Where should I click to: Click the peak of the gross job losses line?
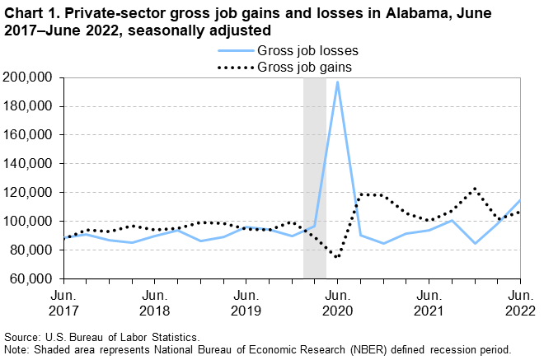(337, 82)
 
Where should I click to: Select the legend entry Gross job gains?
(305, 66)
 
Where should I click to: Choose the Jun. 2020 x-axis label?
(337, 303)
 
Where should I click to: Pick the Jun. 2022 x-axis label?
(520, 303)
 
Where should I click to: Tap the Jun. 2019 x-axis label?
(246, 303)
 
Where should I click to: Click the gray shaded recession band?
(315, 177)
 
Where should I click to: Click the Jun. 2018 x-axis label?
(154, 303)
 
